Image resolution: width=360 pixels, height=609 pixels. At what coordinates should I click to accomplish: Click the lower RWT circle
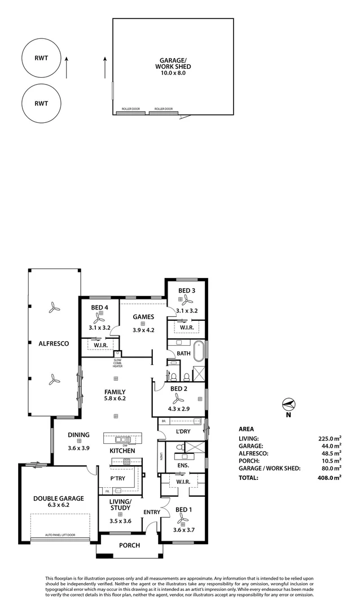(41, 103)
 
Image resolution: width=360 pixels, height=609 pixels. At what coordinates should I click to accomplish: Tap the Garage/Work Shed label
(173, 66)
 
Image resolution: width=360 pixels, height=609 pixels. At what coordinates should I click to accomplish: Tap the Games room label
(143, 316)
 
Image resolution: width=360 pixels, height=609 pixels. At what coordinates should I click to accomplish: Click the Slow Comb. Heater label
(117, 363)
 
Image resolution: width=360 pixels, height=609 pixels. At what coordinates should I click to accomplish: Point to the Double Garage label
(58, 498)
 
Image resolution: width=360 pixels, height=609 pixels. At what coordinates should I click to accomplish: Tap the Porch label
(129, 545)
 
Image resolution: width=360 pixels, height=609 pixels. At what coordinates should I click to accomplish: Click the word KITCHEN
(122, 451)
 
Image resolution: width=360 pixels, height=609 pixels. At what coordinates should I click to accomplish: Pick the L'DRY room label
(182, 431)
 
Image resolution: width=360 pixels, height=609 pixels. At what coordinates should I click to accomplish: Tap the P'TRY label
(117, 478)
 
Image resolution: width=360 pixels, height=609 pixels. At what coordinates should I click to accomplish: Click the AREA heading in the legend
(247, 429)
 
